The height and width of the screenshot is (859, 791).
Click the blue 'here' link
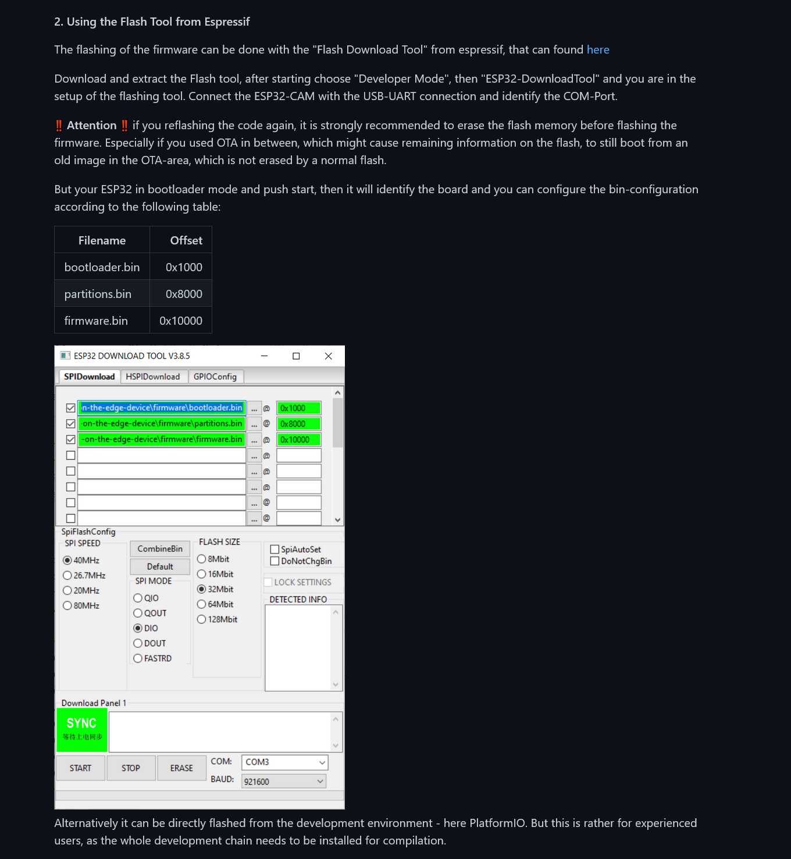(598, 50)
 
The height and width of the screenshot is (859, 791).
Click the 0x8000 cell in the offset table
(184, 294)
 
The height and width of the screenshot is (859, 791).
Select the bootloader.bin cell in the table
(102, 268)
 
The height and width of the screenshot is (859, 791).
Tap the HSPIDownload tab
(153, 377)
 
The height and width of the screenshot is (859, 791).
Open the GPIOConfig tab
(215, 377)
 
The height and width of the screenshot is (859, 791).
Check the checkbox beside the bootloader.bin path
(71, 408)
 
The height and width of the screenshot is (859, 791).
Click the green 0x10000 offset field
(298, 440)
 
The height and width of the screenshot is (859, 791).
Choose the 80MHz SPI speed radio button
(68, 606)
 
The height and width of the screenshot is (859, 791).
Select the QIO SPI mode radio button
(138, 598)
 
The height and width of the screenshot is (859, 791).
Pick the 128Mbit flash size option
(202, 619)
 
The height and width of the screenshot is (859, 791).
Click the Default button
(160, 567)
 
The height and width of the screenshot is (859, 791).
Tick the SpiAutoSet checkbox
(275, 549)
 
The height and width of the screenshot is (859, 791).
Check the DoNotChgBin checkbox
(275, 561)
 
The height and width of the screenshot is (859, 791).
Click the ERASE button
(181, 768)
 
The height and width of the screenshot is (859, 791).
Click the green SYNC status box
(82, 730)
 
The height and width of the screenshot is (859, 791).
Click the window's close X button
(329, 356)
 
